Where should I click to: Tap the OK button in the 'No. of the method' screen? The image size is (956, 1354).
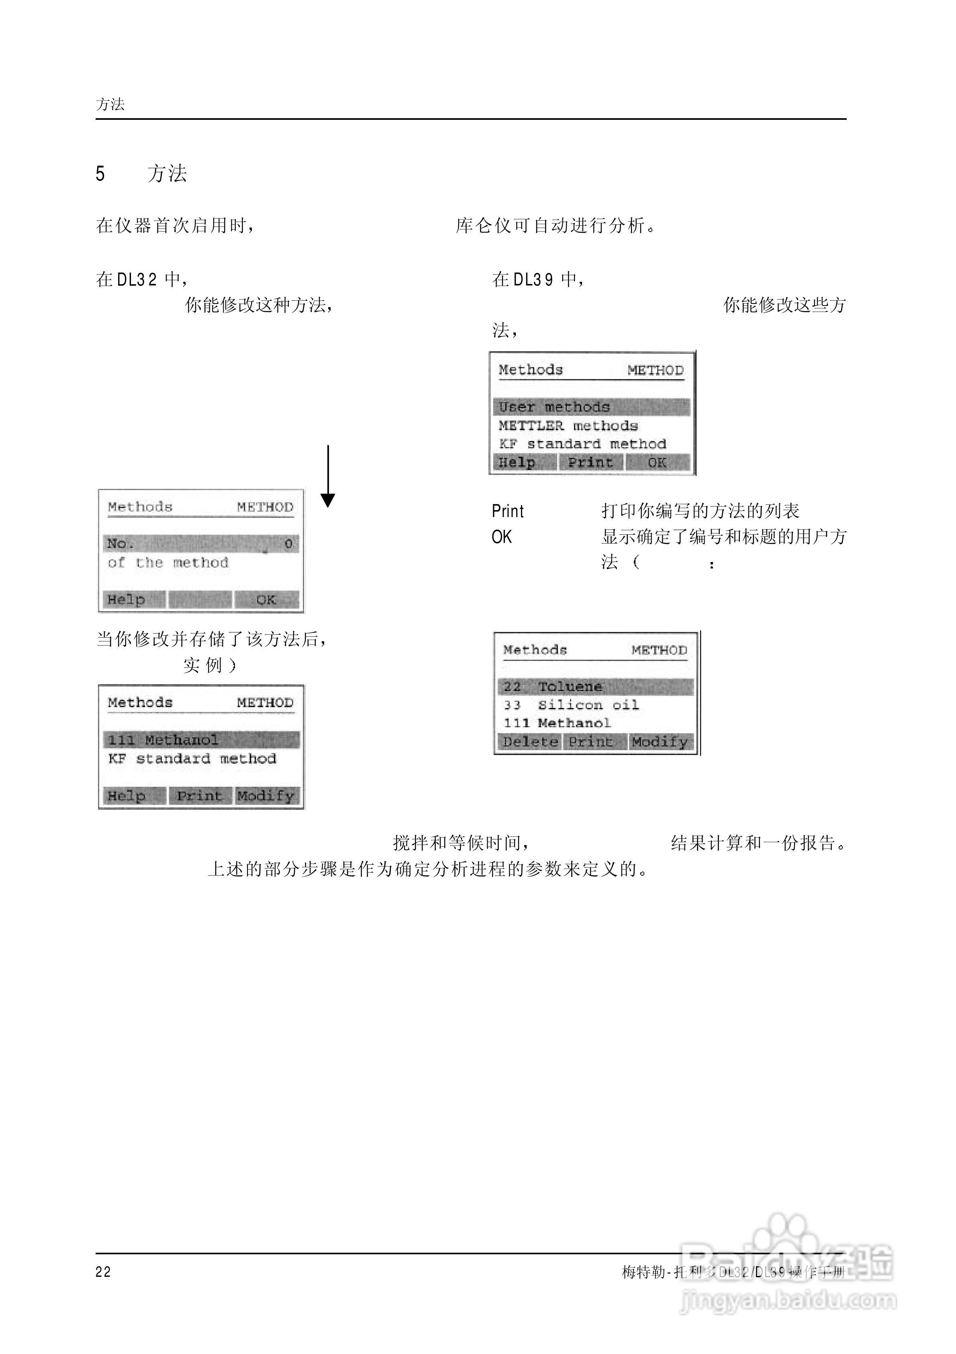(266, 600)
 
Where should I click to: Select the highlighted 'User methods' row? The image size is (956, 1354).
(591, 407)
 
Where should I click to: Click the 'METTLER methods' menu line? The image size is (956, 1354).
(568, 426)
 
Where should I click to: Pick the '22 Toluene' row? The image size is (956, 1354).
(595, 686)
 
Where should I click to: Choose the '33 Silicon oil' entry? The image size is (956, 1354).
(571, 705)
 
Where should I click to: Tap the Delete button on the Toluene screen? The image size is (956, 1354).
(530, 741)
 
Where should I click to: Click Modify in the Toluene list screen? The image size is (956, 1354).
(660, 741)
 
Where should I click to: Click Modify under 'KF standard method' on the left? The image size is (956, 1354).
(266, 796)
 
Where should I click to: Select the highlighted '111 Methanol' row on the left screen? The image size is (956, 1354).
(201, 739)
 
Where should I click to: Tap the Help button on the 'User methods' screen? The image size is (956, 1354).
(517, 462)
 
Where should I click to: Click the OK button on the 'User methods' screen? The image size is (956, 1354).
(657, 462)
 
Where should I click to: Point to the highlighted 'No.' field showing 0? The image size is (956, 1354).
(201, 544)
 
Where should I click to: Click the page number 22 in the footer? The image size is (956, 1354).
(103, 1271)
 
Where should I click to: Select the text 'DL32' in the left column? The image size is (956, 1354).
(137, 279)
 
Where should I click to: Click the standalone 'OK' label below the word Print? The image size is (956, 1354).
(502, 537)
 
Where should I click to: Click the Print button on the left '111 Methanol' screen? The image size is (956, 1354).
(199, 796)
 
